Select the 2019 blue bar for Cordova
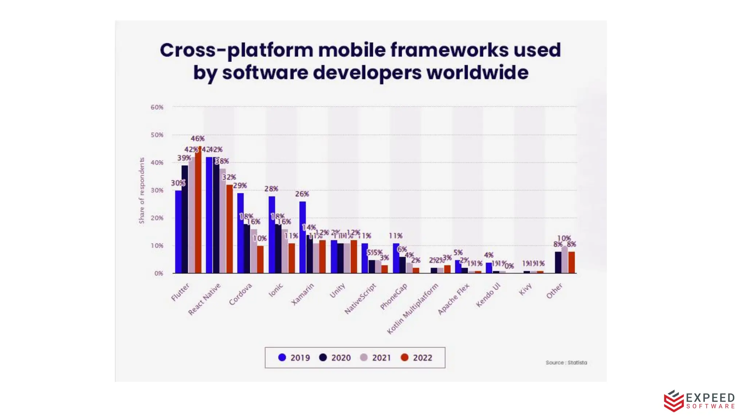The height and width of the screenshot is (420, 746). (x=240, y=233)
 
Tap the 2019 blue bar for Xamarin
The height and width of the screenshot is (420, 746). (x=303, y=237)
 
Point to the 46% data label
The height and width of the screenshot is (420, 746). (x=198, y=139)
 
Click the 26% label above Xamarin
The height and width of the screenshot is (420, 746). (x=302, y=194)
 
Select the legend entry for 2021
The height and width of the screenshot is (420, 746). (x=375, y=358)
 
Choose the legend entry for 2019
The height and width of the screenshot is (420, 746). (x=294, y=358)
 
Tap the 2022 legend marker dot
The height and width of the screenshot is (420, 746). (x=404, y=357)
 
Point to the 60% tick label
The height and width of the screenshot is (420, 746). (x=157, y=107)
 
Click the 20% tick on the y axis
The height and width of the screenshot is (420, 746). (x=157, y=218)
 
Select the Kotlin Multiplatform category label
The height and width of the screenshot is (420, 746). (x=413, y=309)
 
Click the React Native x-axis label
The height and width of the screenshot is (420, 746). (x=204, y=299)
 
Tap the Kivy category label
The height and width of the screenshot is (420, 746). (x=525, y=289)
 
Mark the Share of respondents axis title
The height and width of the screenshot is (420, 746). (x=142, y=190)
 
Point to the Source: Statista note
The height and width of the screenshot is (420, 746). (x=566, y=362)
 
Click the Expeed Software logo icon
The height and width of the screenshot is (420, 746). (x=673, y=401)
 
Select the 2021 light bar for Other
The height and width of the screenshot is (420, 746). (x=565, y=260)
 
